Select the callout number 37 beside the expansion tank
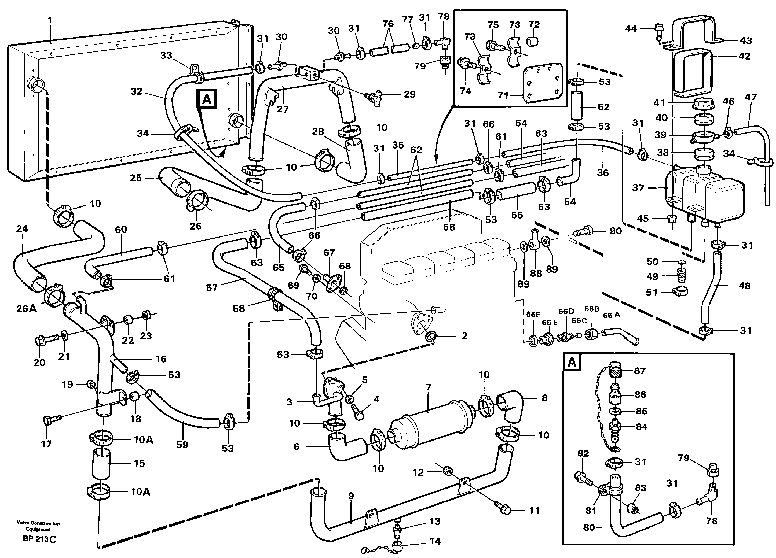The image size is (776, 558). [x=638, y=187]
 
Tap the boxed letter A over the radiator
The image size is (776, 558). [x=207, y=99]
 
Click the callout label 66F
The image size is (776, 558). [x=533, y=315]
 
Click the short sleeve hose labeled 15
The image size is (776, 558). [x=101, y=464]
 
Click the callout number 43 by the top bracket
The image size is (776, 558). [x=746, y=41]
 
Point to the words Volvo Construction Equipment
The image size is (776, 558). [x=38, y=526]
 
